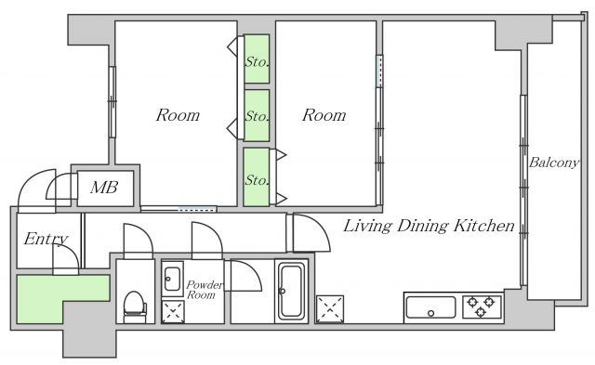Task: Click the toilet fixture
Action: click(x=135, y=306)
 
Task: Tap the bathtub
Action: click(x=291, y=291)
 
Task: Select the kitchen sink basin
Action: click(x=430, y=307)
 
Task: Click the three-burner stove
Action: click(x=482, y=306)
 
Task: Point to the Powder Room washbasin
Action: click(x=172, y=279)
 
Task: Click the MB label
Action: click(x=104, y=188)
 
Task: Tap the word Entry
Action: click(x=46, y=239)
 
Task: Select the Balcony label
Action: click(x=554, y=163)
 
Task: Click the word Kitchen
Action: click(x=484, y=226)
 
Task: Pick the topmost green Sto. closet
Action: click(x=257, y=59)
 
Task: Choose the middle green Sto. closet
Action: click(x=257, y=115)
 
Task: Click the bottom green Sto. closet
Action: click(x=257, y=177)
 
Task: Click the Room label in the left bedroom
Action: click(x=178, y=115)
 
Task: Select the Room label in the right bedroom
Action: click(x=324, y=115)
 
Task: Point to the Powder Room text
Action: click(x=205, y=290)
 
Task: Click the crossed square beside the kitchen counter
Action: click(x=330, y=309)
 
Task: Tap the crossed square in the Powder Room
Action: click(x=173, y=312)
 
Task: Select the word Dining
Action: click(x=424, y=227)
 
